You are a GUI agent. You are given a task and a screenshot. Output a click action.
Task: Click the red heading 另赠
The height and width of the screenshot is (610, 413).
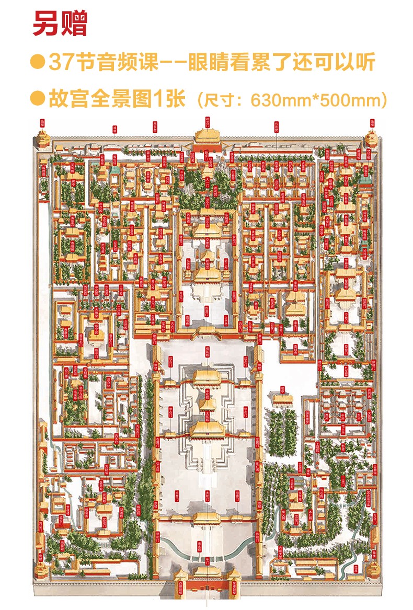click(x=60, y=24)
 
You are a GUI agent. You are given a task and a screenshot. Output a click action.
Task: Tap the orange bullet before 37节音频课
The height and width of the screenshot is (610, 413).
click(x=37, y=62)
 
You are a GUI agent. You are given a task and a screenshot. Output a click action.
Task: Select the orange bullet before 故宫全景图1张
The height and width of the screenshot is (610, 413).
click(x=37, y=98)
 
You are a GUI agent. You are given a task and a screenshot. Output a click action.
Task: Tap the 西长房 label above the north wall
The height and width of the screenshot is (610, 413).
click(x=155, y=126)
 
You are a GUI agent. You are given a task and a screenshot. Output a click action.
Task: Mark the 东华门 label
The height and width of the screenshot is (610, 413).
click(x=375, y=519)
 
